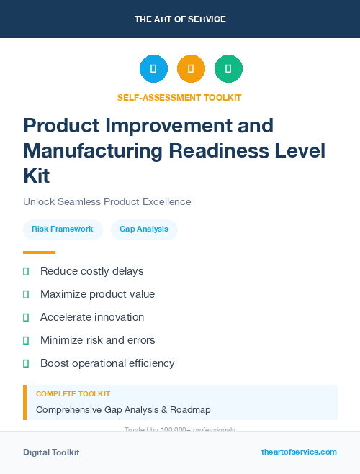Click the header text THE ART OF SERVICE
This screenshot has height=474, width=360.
[x=180, y=19]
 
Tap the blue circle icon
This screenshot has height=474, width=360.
[x=153, y=69]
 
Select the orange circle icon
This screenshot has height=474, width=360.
[x=191, y=69]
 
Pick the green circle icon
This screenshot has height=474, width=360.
[x=228, y=69]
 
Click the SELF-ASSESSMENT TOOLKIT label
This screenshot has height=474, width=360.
[x=179, y=98]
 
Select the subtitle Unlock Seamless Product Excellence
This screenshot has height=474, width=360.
[x=107, y=202]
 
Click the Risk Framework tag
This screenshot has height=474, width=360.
[x=63, y=229]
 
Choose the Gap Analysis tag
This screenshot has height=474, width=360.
[x=144, y=229]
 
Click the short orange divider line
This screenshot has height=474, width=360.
[x=39, y=252]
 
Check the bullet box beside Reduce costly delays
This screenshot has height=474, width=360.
[x=26, y=271]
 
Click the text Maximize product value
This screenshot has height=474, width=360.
[x=97, y=294]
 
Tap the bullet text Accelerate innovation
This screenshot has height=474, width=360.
[x=92, y=317]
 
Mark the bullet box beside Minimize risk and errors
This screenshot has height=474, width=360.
[x=26, y=340]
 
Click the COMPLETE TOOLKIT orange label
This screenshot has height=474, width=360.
[x=73, y=394]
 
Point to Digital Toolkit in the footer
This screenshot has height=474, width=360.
[x=51, y=452]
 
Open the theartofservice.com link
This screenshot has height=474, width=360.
[x=299, y=452]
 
